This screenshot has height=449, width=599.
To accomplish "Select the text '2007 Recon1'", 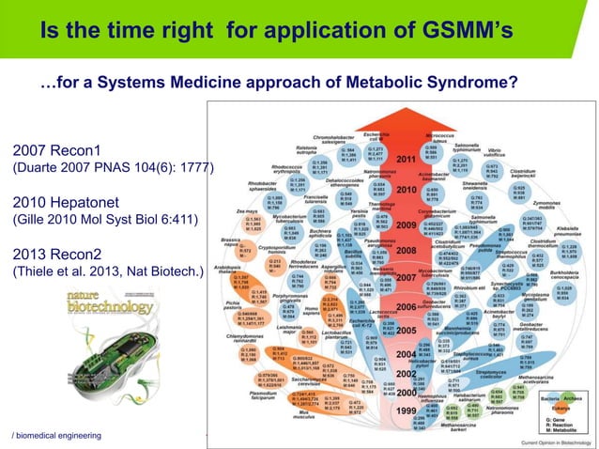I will tap(55, 150).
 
